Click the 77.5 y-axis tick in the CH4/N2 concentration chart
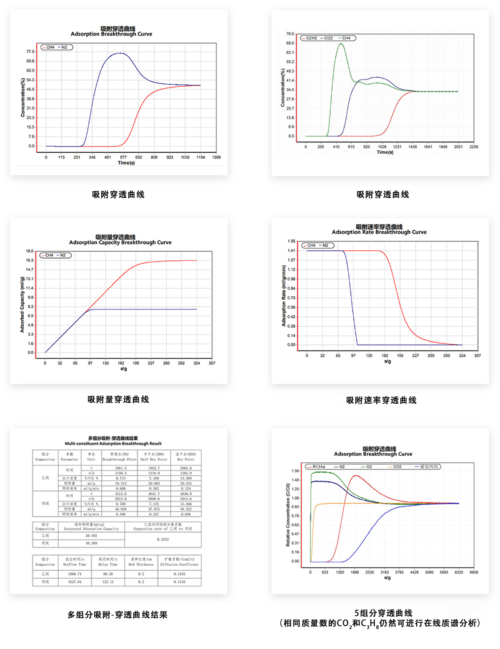pos(30,52)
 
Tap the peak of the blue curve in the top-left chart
pos(120,53)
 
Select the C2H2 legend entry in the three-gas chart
pos(311,38)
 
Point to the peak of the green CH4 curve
pos(341,44)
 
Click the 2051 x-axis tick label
pos(458,147)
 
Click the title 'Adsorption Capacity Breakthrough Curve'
pos(120,242)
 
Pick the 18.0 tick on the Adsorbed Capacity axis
pos(29,251)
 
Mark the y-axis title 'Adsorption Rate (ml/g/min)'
pos(284,296)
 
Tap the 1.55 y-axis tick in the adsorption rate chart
pos(291,241)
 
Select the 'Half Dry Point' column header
pos(153,459)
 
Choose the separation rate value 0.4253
pos(162,539)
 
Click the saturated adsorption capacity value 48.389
pos(91,543)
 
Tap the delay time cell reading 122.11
pos(108,582)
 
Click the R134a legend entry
pos(318,467)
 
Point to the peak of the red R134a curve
pos(355,476)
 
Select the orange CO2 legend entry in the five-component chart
pos(397,467)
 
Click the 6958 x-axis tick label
pos(474,572)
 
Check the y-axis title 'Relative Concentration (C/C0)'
pos(287,515)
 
